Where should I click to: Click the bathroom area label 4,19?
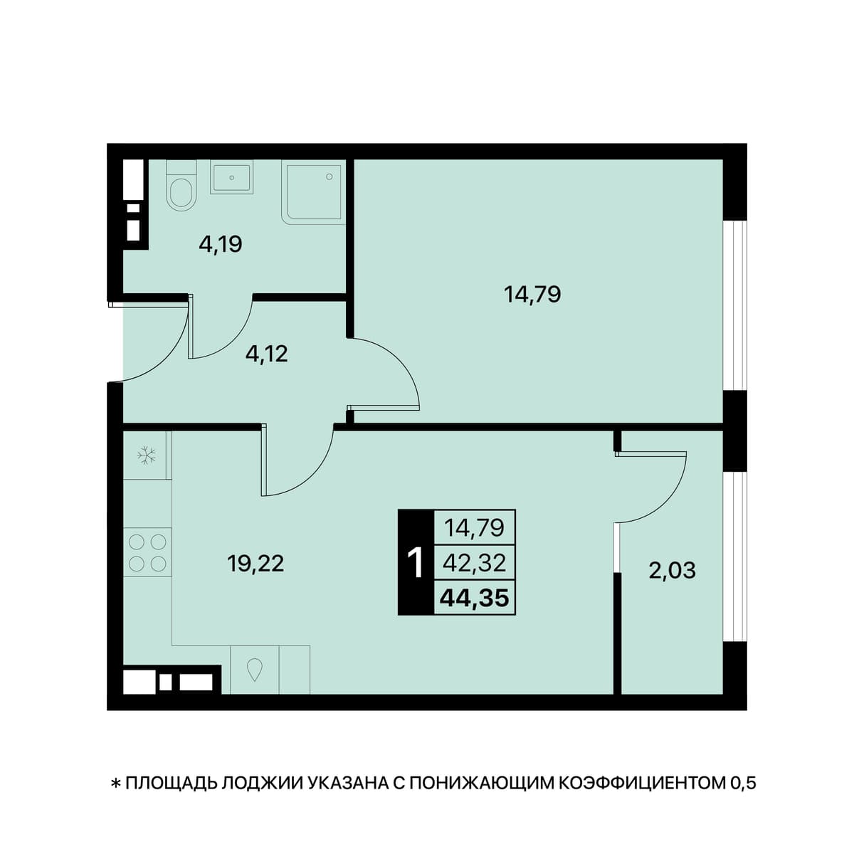tap(220, 244)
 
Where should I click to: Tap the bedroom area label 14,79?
tap(532, 294)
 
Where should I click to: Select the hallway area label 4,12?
tap(267, 354)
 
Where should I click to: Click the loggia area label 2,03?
tap(673, 570)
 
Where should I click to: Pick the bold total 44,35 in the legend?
tap(474, 599)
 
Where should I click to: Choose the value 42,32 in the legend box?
tap(474, 563)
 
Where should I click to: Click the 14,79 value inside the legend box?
tap(474, 528)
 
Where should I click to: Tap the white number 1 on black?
tap(416, 563)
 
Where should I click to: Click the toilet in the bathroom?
tap(181, 186)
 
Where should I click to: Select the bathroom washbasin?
tap(232, 179)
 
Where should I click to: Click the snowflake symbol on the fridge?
tap(146, 455)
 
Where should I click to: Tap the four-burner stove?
tap(147, 552)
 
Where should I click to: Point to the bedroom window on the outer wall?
tap(734, 306)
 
